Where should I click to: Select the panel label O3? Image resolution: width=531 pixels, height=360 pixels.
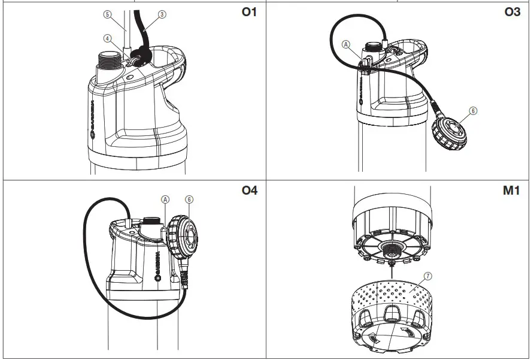coord(512,12)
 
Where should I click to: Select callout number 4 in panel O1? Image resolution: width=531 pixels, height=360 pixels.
coord(108,38)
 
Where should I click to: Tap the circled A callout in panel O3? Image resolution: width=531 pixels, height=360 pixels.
coord(345,44)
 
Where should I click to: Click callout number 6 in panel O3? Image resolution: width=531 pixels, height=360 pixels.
coord(473,111)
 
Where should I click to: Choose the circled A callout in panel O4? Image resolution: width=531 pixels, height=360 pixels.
coord(165,199)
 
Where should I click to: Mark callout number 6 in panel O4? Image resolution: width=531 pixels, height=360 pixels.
coord(189,199)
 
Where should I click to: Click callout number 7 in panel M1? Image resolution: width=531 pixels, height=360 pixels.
coord(427,276)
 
